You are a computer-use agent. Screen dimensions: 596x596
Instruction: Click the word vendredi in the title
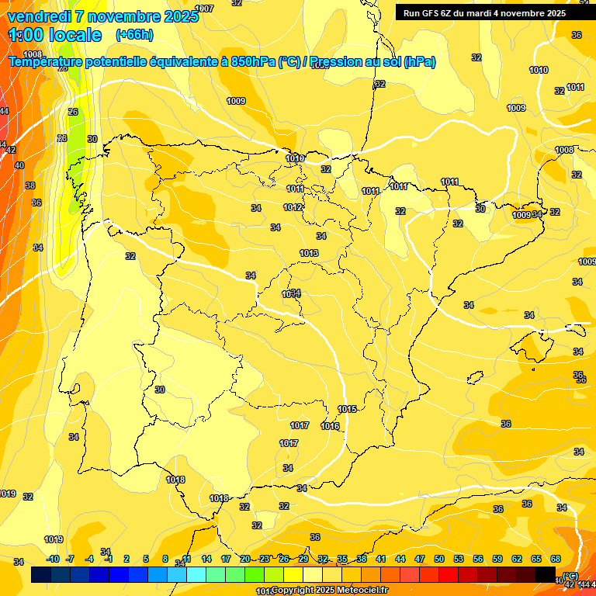[39, 16]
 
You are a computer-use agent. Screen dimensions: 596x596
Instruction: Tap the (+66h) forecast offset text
[133, 35]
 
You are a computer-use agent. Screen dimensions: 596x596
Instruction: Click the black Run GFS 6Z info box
[484, 12]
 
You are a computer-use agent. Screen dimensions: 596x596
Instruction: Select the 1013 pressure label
[309, 253]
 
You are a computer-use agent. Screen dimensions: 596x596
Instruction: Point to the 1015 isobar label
[347, 409]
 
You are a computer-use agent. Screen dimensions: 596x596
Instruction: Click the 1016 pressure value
[330, 426]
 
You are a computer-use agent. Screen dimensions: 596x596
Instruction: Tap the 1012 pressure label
[293, 207]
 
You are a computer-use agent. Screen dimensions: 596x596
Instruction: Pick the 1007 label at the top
[204, 9]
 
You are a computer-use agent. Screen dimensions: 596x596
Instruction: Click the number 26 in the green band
[73, 112]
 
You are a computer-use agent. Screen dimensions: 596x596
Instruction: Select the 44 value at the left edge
[5, 111]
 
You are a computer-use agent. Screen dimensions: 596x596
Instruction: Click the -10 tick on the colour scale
[53, 559]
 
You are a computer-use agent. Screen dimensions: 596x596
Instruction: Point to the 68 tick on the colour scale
[556, 559]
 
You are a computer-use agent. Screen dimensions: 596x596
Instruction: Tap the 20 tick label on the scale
[245, 559]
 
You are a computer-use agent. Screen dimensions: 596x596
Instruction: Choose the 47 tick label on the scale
[420, 559]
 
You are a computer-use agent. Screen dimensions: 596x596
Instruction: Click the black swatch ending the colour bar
[546, 574]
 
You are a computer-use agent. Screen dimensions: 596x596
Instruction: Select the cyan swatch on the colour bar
[196, 574]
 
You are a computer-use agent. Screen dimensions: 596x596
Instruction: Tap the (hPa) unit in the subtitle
[420, 61]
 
